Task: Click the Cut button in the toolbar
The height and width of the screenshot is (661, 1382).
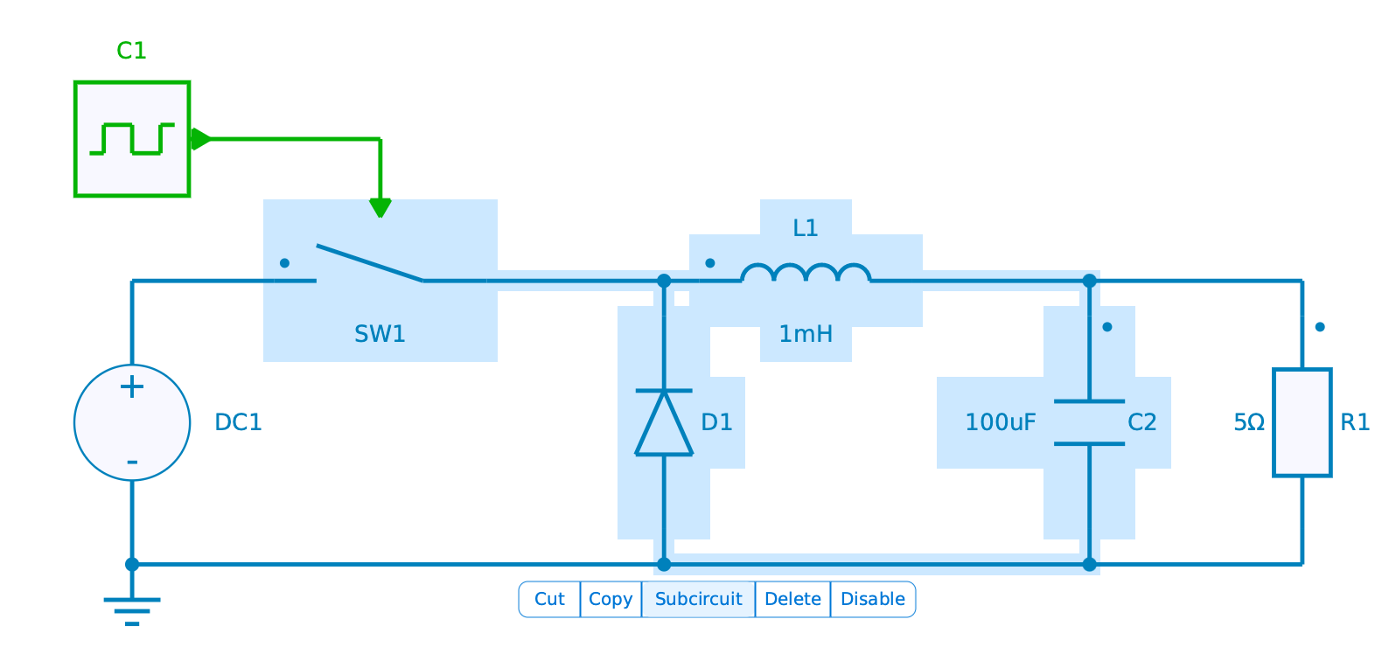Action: (549, 599)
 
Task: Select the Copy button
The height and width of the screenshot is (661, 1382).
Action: (611, 599)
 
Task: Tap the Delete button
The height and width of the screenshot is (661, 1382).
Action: (792, 599)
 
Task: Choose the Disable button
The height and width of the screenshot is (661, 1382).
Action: (872, 599)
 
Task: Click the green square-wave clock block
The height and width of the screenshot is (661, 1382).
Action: (132, 139)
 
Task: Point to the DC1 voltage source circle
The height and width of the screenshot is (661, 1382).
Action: (132, 422)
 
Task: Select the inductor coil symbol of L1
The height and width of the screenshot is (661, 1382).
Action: (806, 274)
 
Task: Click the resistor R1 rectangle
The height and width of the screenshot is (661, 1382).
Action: (1302, 422)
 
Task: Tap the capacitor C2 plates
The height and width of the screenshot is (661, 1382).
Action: (1089, 422)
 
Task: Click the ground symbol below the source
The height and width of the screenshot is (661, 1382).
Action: (132, 609)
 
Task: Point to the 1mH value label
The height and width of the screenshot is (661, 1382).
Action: (806, 334)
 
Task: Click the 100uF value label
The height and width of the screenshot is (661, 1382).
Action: (1000, 422)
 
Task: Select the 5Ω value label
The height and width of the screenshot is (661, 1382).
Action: (1249, 422)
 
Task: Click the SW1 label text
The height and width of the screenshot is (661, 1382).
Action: (380, 334)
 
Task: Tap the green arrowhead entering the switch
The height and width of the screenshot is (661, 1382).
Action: (380, 208)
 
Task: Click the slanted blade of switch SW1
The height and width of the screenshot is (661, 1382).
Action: (370, 263)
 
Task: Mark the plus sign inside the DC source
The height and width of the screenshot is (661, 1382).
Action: (132, 386)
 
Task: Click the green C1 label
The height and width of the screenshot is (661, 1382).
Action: (132, 51)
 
